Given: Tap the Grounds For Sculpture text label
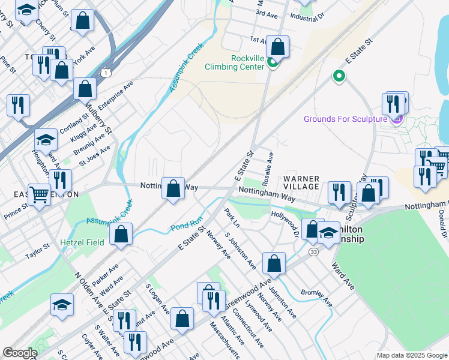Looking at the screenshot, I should pos(345,119).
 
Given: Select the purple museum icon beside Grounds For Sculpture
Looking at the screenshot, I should pos(396,120).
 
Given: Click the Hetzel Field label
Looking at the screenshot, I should pos(82,242).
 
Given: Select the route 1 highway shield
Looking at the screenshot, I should pos(106,73).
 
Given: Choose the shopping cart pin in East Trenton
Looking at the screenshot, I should pos(40,194).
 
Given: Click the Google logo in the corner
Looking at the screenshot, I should pos(19,353).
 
